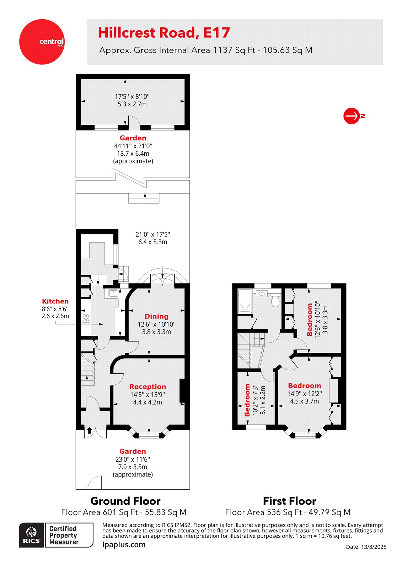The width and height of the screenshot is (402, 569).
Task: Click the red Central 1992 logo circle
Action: (x=42, y=42)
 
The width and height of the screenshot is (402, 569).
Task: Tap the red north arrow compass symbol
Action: (x=352, y=116)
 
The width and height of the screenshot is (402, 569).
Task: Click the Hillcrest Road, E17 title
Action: (x=164, y=33)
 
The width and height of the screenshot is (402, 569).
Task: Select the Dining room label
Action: (x=156, y=316)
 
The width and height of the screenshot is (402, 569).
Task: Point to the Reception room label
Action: (x=148, y=387)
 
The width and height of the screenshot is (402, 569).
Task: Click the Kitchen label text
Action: (x=55, y=301)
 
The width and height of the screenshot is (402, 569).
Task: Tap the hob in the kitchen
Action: (x=86, y=317)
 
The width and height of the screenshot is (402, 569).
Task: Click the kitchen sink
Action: (x=113, y=294)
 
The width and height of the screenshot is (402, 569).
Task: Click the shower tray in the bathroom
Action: (x=245, y=302)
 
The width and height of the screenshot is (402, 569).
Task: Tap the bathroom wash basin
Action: (x=262, y=293)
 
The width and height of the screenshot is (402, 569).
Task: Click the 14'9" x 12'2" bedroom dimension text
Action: (x=305, y=394)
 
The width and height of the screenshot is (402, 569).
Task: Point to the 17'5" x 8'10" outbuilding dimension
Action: (x=132, y=96)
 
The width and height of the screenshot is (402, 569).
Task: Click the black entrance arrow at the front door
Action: (x=89, y=430)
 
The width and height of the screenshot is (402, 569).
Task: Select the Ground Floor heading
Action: (x=125, y=501)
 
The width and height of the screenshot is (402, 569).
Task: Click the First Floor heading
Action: (x=289, y=501)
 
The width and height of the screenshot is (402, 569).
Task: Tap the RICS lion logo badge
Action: (x=32, y=535)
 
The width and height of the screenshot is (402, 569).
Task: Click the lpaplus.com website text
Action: (x=124, y=544)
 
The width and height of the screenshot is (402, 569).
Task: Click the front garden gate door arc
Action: (x=94, y=483)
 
